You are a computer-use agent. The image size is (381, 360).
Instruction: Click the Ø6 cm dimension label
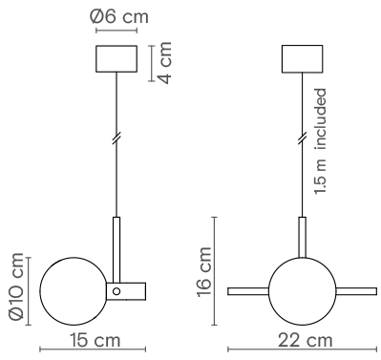[x=119, y=16]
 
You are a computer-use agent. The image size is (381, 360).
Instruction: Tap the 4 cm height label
[x=165, y=63]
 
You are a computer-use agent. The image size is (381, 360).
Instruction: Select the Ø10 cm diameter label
[x=17, y=286]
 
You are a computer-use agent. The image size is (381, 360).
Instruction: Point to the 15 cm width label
[x=95, y=340]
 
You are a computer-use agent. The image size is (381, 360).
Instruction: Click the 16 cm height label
[x=204, y=272]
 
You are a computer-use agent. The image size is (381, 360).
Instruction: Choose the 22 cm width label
[x=306, y=340]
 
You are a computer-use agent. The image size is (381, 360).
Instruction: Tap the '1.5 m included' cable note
[x=321, y=141]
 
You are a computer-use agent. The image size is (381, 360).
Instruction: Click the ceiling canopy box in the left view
[x=116, y=59]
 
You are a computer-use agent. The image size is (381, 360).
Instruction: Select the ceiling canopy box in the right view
[x=303, y=59]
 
